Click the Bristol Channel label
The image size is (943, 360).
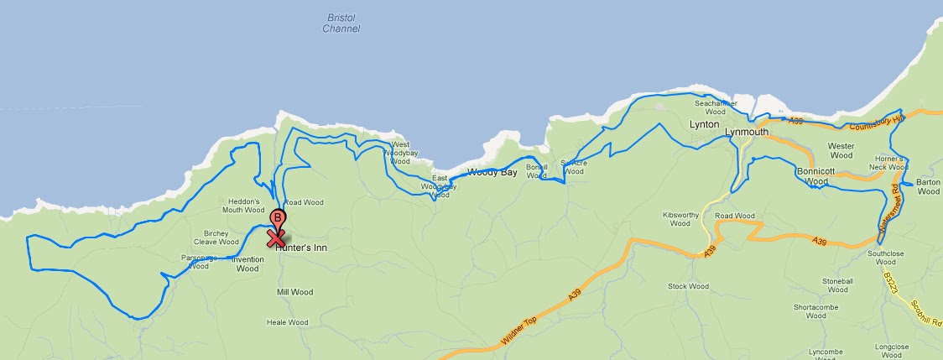341,23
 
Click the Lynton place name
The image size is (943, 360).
704,124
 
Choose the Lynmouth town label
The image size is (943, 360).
746,132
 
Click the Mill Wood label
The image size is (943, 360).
294,292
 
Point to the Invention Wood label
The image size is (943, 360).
247,264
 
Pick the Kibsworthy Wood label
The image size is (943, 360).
675,219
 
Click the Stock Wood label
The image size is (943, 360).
688,286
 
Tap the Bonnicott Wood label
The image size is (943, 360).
815,176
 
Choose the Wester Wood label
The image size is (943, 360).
841,151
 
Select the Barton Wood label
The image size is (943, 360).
929,187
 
